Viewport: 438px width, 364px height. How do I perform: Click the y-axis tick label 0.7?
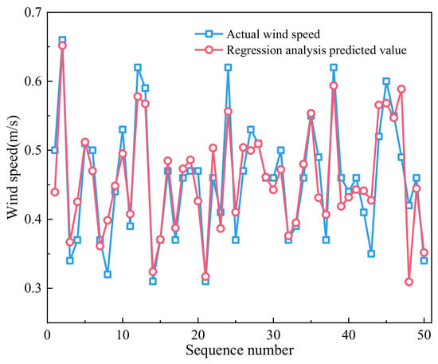(x=32, y=12)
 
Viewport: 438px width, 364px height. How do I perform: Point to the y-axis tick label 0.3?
(x=32, y=288)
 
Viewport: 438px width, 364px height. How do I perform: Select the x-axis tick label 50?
(x=424, y=335)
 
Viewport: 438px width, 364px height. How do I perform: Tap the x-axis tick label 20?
(x=197, y=335)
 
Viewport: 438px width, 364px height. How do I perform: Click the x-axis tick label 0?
(x=48, y=335)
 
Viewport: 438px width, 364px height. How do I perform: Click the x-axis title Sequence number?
(x=240, y=350)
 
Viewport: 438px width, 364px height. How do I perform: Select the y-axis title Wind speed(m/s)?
(x=13, y=167)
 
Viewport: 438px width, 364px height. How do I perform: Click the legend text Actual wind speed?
(x=273, y=34)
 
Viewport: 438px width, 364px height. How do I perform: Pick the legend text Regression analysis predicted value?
(x=316, y=50)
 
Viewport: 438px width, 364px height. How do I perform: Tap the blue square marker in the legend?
(x=209, y=34)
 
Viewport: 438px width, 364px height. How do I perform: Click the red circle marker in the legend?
(x=209, y=49)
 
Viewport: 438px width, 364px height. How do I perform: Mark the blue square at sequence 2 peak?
(x=62, y=40)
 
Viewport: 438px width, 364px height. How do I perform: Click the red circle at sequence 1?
(x=55, y=192)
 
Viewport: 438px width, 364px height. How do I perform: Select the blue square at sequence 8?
(x=108, y=275)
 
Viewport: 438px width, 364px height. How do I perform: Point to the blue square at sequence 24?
(x=229, y=67)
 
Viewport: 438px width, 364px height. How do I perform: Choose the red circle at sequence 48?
(x=409, y=282)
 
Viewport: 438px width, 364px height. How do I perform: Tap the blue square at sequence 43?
(x=371, y=254)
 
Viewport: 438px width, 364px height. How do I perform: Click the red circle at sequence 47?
(x=401, y=89)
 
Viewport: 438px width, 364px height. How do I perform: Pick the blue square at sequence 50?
(x=424, y=261)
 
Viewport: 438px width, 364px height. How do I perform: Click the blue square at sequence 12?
(x=138, y=67)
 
